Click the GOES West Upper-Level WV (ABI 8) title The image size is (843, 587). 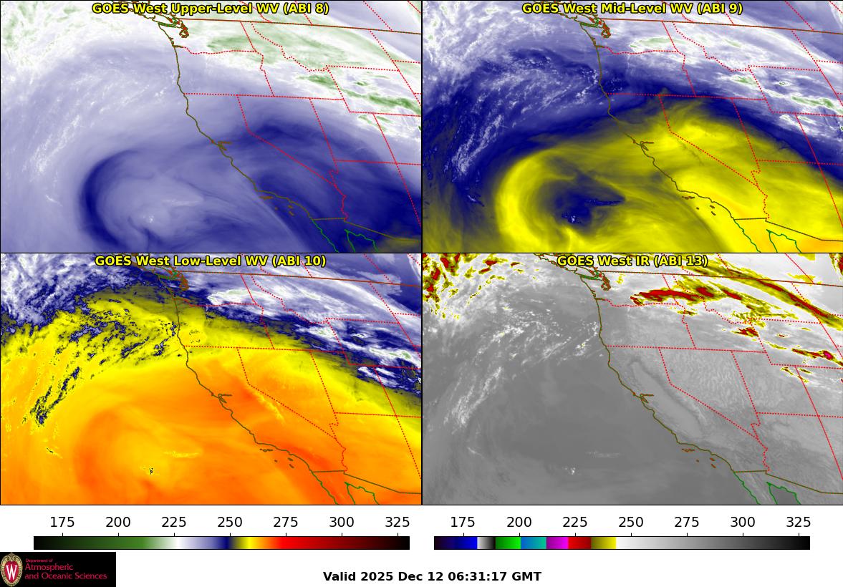[x=211, y=9]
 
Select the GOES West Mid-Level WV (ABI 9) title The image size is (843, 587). [x=632, y=9]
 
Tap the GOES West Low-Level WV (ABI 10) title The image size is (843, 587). [x=211, y=261]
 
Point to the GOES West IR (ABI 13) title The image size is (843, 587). [x=632, y=261]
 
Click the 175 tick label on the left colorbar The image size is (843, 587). [x=63, y=522]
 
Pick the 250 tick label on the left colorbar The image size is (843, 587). [x=230, y=522]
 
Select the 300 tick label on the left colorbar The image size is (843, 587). [x=342, y=522]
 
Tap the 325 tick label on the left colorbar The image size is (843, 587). [x=398, y=522]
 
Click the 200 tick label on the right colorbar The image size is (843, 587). [x=519, y=522]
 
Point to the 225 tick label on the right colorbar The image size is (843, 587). [x=575, y=522]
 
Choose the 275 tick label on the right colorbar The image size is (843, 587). [x=687, y=522]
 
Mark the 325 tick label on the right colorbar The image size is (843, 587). [x=799, y=522]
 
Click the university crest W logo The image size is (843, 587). [x=12, y=570]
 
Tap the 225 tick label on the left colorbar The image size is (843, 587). [x=174, y=522]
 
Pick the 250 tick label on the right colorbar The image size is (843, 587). [x=631, y=522]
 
